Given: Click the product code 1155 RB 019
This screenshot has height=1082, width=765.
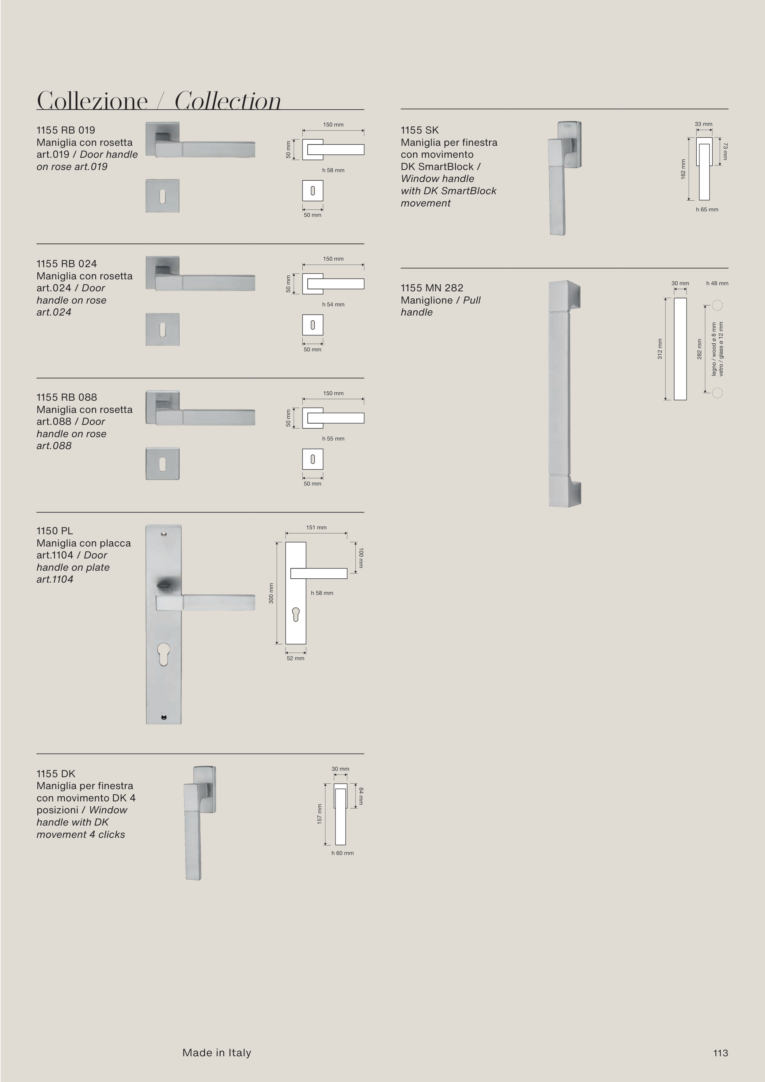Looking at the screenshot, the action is click(x=66, y=130).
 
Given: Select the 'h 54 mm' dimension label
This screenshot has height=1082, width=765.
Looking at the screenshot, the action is click(x=333, y=305).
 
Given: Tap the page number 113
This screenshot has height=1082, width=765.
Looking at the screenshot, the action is click(x=720, y=1053).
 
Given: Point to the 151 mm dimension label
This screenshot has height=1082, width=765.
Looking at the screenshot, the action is click(x=316, y=527).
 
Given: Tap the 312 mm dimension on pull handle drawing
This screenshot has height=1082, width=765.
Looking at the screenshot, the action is click(x=660, y=349).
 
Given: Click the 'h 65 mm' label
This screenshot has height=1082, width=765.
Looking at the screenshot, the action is click(x=707, y=210).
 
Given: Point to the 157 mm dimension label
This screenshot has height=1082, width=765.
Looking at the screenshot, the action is click(x=319, y=814).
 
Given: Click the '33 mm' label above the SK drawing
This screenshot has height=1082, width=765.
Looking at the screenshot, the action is click(x=703, y=124).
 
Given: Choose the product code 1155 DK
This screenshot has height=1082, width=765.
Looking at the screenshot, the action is click(x=56, y=774).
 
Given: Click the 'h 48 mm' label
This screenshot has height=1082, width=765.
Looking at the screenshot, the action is click(x=717, y=283).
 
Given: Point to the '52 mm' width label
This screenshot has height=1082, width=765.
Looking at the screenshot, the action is click(x=296, y=658).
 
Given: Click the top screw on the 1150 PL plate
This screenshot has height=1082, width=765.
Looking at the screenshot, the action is click(x=164, y=534).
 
